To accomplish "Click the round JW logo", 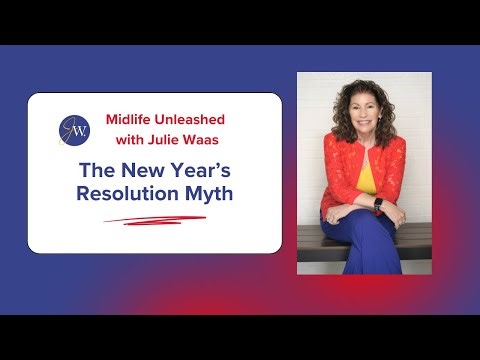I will (74, 130).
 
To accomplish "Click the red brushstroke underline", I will (155, 219).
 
